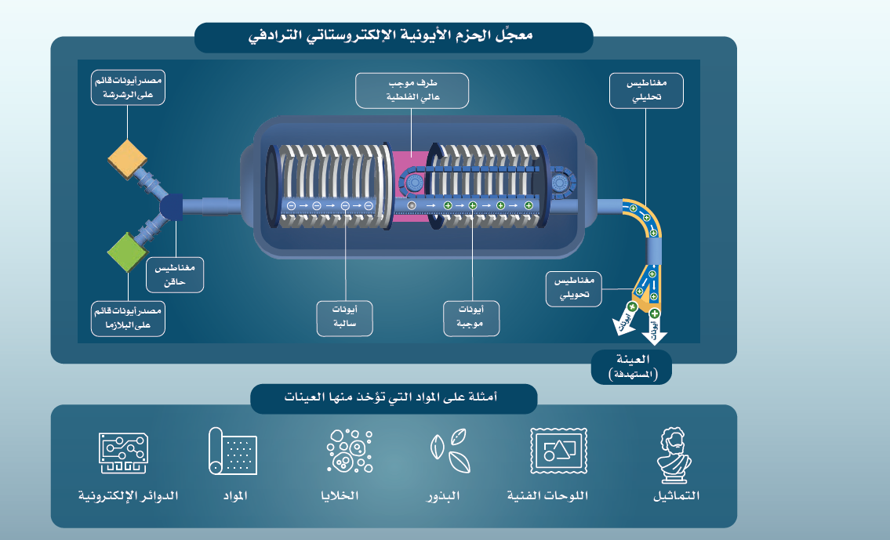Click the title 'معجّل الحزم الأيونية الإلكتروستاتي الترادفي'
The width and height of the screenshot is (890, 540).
[x=393, y=37]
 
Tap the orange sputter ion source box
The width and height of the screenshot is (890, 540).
[x=129, y=159]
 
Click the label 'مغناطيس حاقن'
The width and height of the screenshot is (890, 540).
[x=175, y=274]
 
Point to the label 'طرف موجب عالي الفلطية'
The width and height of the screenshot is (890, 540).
[x=412, y=90]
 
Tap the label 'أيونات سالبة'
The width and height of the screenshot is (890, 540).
[x=344, y=317]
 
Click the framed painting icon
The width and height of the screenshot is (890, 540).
[x=558, y=451]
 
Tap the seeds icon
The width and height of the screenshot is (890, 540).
[x=449, y=452]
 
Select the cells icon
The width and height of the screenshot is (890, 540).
[x=348, y=452]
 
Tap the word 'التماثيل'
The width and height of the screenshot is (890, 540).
[x=675, y=496]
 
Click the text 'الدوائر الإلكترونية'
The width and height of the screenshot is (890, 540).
[x=129, y=496]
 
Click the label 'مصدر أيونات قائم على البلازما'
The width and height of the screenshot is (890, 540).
[x=128, y=317]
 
